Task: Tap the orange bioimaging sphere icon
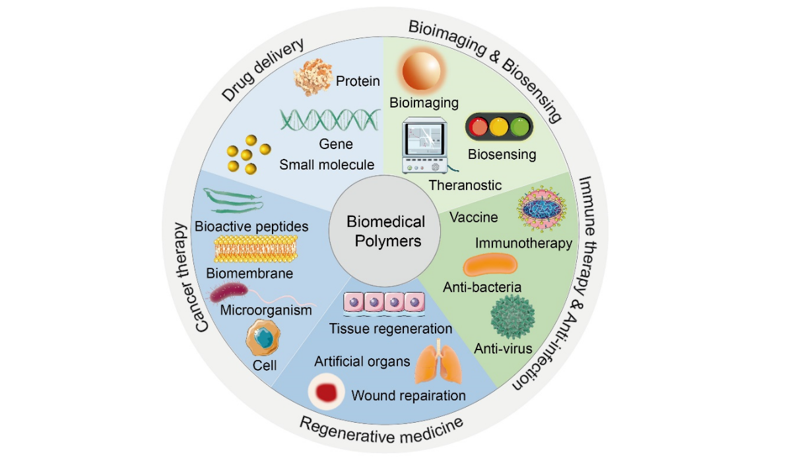click(x=422, y=72)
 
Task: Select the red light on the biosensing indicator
click(x=480, y=127)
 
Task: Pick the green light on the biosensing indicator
click(x=520, y=127)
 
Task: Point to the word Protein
click(x=358, y=81)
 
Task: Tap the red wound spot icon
click(x=327, y=392)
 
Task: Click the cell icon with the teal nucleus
click(x=264, y=338)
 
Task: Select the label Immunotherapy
click(x=523, y=243)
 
